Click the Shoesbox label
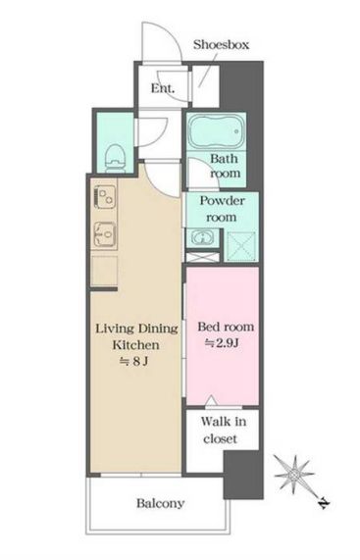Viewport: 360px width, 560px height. [x=221, y=45]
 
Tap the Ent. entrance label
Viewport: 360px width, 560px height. [x=163, y=88]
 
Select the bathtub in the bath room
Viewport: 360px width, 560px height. [x=217, y=131]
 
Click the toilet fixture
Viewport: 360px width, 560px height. [x=116, y=159]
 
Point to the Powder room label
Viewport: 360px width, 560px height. [x=222, y=209]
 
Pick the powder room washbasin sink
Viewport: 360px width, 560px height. [x=202, y=237]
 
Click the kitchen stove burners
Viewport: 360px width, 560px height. [x=105, y=197]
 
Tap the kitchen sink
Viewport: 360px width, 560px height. [x=105, y=234]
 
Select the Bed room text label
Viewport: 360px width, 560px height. [x=226, y=327]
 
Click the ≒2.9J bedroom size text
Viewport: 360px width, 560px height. [x=222, y=343]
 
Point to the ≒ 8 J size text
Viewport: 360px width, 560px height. [x=134, y=362]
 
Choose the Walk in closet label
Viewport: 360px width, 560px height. [x=224, y=430]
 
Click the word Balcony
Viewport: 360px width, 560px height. [x=160, y=503]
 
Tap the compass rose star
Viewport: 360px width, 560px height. [x=294, y=475]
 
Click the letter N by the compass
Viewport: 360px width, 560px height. [x=324, y=504]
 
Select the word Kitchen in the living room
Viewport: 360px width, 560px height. [x=136, y=345]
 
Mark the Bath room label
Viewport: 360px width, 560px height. [x=225, y=166]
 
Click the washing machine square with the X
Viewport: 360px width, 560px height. [x=241, y=245]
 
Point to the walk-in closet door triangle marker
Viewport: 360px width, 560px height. [x=211, y=400]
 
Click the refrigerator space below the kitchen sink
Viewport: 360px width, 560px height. [x=104, y=271]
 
